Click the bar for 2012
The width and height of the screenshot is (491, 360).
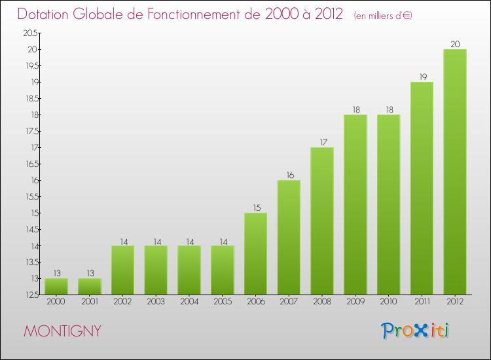tap(454, 171)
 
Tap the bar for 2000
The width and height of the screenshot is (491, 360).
tap(56, 286)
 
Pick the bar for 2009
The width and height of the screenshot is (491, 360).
tap(355, 204)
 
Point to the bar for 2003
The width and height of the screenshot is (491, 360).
tap(156, 270)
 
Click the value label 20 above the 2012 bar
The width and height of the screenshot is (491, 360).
tap(454, 45)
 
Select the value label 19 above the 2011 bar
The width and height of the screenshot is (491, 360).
tap(421, 77)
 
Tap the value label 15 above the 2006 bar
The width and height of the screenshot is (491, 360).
tap(255, 208)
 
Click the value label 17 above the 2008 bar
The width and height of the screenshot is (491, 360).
tap(321, 143)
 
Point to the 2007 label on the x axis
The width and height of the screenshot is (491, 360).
tap(289, 302)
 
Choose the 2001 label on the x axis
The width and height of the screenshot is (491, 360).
tap(90, 302)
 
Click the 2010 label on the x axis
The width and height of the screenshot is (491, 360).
tap(388, 302)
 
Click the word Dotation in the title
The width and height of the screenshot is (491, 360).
tap(46, 14)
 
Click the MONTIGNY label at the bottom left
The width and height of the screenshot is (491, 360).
tap(63, 331)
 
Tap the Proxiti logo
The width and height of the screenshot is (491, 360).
tap(416, 331)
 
